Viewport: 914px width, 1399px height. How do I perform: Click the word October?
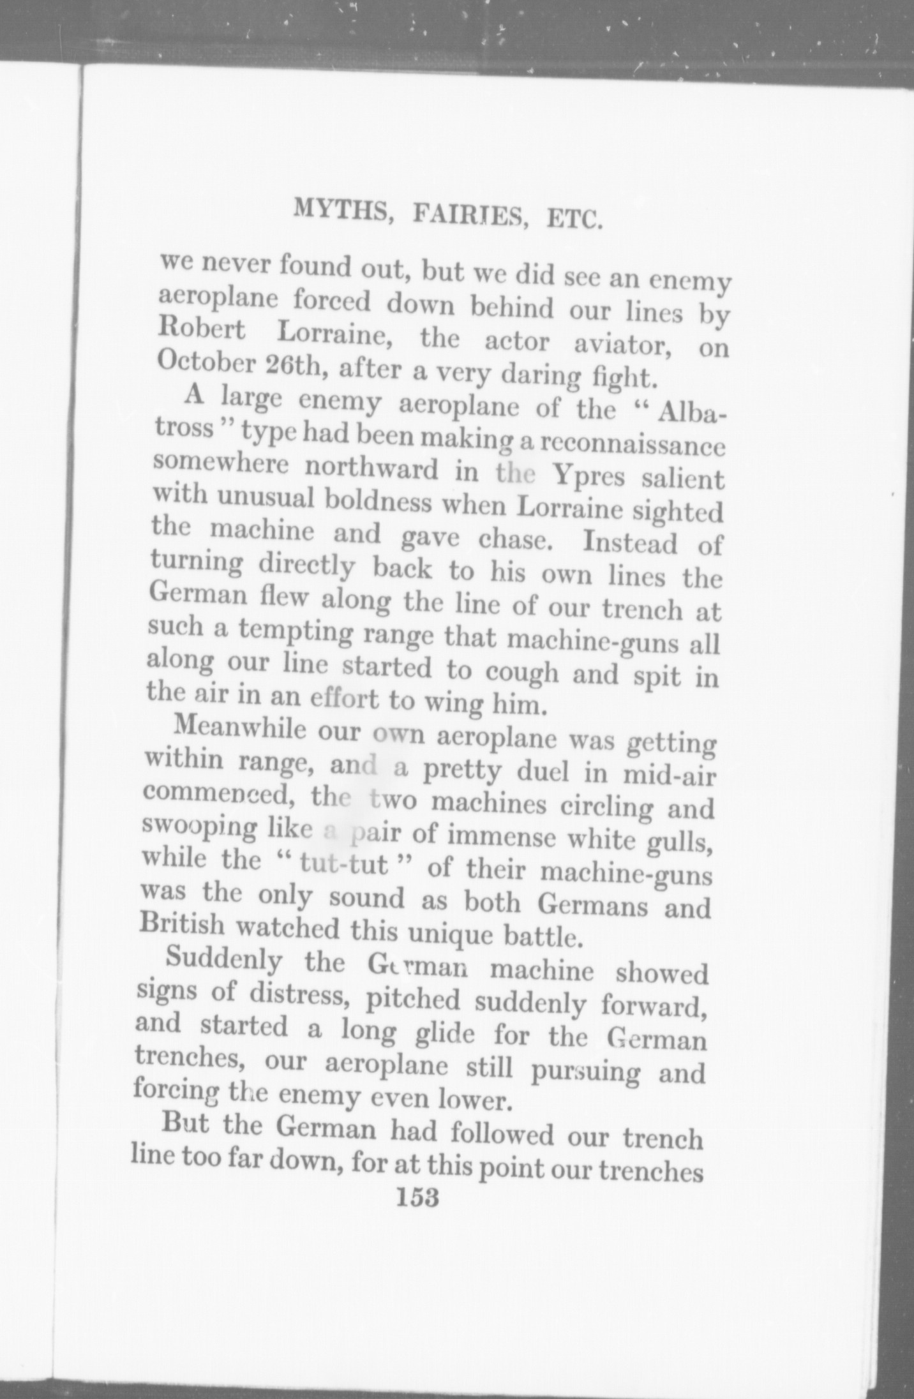coord(204,364)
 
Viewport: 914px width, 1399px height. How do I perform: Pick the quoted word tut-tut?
coord(344,865)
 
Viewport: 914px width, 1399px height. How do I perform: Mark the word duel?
coord(543,773)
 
